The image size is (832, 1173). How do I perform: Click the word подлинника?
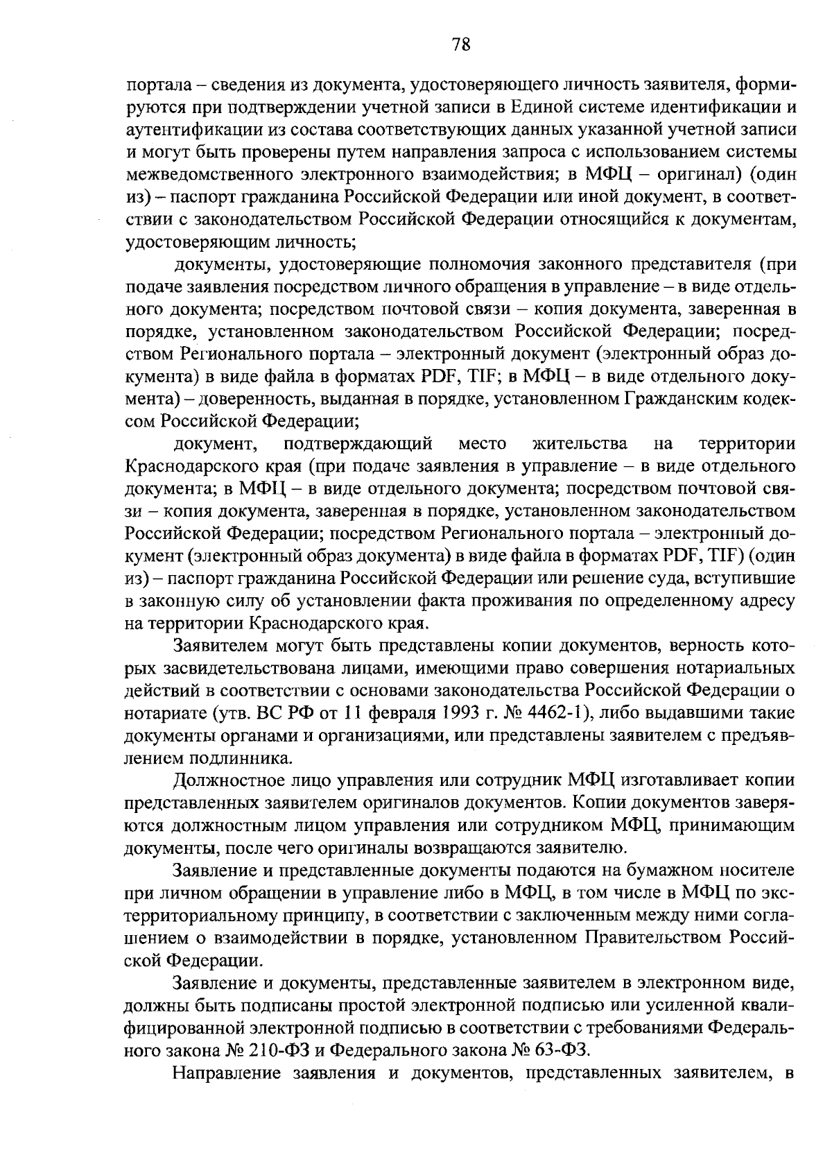pyautogui.click(x=233, y=757)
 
